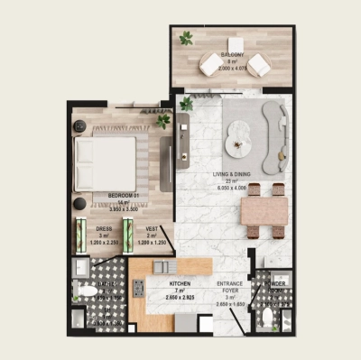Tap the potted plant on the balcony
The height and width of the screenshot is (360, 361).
pos(186,38)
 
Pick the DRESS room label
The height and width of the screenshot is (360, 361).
pos(105,229)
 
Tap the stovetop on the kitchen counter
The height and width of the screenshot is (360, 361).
pos(139,288)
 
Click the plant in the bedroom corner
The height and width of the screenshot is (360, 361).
pos(163,119)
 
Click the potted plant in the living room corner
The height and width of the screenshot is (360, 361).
pos(186,104)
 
